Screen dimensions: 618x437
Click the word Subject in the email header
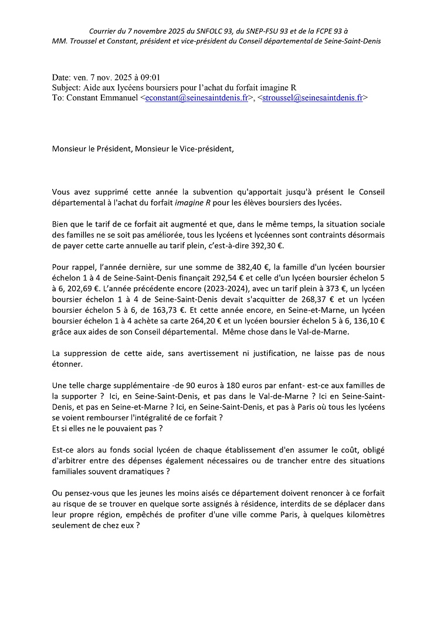point(66,87)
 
